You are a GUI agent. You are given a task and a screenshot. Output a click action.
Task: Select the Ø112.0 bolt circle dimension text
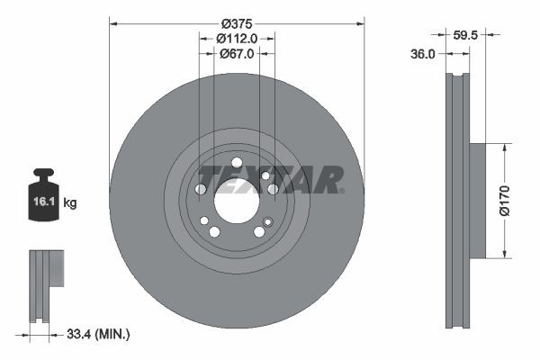pos(237,39)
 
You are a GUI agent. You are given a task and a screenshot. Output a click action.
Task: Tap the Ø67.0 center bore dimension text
pos(237,54)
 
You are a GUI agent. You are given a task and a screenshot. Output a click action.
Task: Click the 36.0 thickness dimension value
pos(423,54)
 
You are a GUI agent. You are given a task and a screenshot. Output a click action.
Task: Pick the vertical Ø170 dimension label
pos(505,199)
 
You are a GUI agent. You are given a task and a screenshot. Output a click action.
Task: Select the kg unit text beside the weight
pos(70,203)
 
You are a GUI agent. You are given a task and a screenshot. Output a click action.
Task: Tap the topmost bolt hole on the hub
pos(237,163)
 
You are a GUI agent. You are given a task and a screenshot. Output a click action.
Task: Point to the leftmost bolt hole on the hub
pos(201,189)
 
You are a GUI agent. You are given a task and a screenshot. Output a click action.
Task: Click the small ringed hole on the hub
pos(267,221)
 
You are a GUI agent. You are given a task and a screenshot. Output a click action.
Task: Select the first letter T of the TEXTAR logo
pos(209,179)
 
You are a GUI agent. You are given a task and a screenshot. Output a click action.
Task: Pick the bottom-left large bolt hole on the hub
pos(214,231)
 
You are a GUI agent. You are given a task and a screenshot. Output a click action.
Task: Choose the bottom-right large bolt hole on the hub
pos(259,231)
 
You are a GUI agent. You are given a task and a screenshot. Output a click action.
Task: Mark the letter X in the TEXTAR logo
pos(255,179)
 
